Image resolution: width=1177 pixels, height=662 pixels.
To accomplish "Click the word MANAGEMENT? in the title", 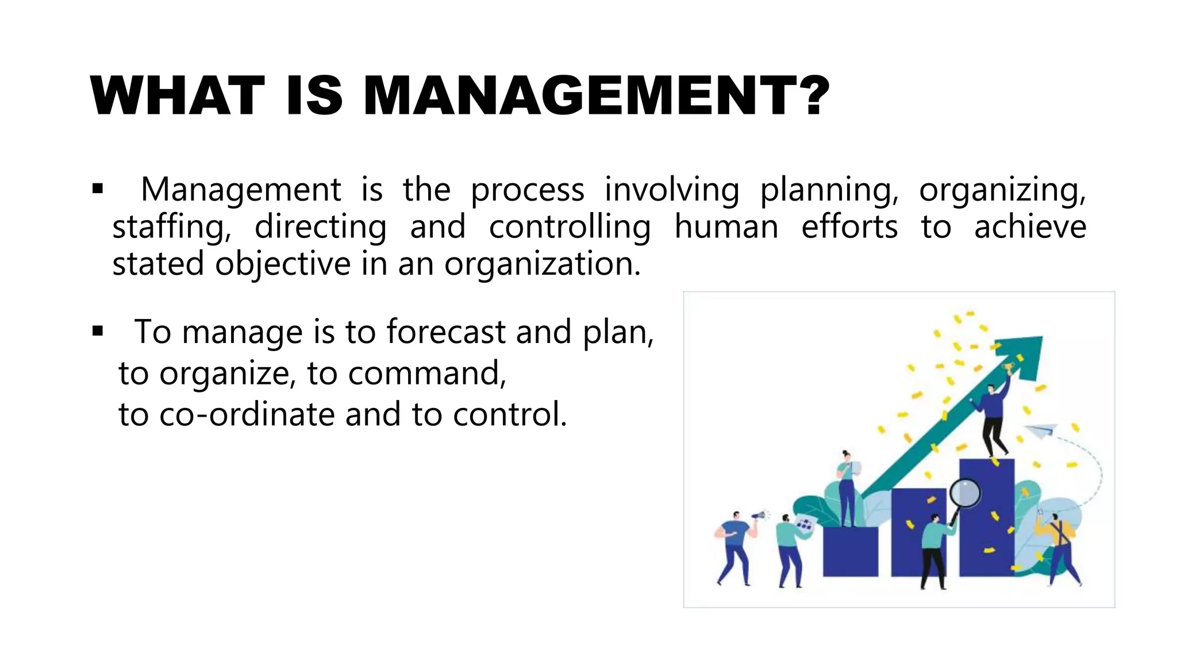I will tap(597, 96).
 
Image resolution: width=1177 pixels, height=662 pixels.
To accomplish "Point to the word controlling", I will tap(570, 226).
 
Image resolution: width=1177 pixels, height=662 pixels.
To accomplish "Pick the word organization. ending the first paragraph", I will tap(542, 264).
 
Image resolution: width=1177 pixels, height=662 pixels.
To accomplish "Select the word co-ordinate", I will tap(247, 414).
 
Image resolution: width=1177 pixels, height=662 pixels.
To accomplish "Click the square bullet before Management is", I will tap(98, 188).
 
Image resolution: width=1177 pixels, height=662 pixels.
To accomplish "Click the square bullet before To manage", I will tap(98, 331).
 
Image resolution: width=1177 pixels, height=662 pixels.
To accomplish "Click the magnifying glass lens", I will tap(965, 492).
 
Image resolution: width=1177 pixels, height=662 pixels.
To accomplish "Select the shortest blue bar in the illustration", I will tap(850, 551).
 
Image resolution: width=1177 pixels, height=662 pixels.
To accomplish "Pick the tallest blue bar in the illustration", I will tap(986, 517).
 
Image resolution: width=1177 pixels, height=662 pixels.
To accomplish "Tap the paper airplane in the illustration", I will tap(1041, 430).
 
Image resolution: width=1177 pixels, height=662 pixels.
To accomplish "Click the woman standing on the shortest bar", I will tap(847, 488).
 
